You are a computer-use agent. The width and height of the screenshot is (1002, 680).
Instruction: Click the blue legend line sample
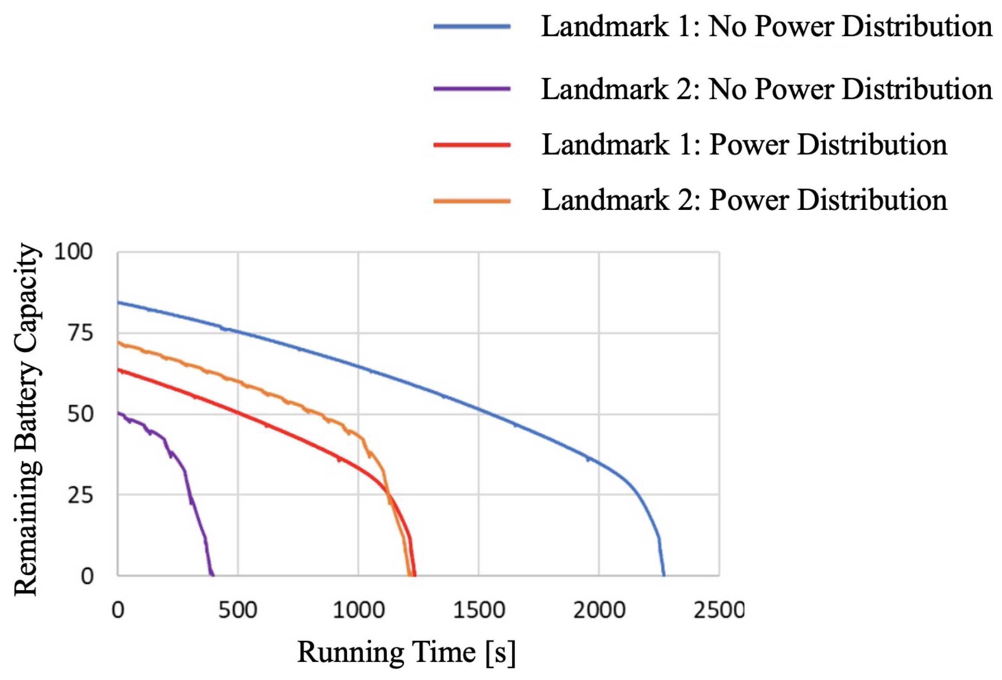click(472, 27)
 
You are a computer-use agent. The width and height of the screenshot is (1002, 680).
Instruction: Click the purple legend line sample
click(472, 89)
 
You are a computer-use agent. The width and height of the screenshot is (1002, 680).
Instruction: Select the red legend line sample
click(472, 145)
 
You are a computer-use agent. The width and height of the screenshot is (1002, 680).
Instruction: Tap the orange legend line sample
click(472, 201)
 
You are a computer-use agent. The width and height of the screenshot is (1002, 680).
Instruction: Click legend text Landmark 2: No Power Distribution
click(767, 89)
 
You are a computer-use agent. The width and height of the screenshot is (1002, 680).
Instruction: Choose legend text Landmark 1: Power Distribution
click(744, 145)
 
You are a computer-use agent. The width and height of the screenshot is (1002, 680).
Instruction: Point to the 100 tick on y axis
click(73, 251)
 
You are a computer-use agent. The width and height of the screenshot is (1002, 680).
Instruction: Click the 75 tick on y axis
click(80, 333)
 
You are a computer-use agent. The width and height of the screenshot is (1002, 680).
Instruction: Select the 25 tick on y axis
click(80, 495)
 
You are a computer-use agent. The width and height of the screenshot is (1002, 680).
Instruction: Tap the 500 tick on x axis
click(238, 610)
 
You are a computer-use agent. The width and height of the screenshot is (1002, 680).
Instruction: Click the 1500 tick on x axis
click(478, 610)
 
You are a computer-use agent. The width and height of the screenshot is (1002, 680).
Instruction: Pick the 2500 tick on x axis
click(718, 610)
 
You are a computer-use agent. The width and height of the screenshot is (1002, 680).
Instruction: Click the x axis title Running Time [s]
click(406, 652)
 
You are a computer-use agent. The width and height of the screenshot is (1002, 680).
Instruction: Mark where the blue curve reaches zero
click(663, 575)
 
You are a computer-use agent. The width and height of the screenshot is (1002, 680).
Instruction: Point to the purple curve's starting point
click(118, 413)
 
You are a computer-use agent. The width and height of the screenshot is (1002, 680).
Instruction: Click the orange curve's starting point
click(118, 342)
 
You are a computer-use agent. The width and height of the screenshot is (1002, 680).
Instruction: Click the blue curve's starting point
click(118, 302)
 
